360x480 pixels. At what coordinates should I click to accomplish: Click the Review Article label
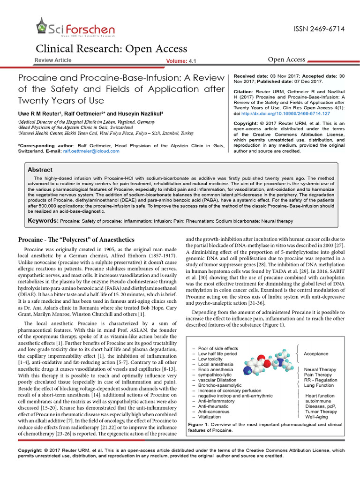click(53, 60)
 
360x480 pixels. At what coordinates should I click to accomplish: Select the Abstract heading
click(40, 170)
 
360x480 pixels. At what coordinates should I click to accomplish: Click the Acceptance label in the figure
click(316, 354)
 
